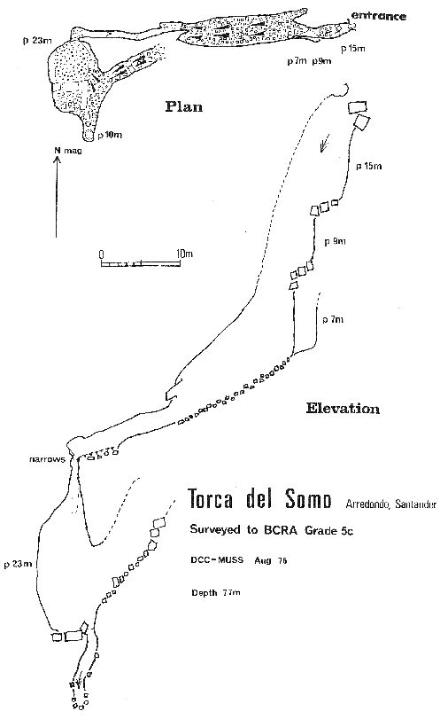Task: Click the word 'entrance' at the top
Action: coord(378,17)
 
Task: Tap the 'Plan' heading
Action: coord(183,107)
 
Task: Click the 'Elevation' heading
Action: coord(343,408)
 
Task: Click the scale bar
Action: coord(140,263)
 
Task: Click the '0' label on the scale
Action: coord(101,254)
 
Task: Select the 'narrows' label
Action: coord(47,458)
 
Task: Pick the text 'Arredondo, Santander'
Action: coord(390,504)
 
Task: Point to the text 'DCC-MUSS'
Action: coord(217,560)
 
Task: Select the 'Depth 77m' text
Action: coord(216,592)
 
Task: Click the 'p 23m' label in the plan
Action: coord(37,40)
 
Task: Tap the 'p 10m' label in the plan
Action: coord(111,136)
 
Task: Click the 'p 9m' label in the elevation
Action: coord(335,242)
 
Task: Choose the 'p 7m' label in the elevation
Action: coord(333,319)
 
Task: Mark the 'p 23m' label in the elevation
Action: coord(19,564)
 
